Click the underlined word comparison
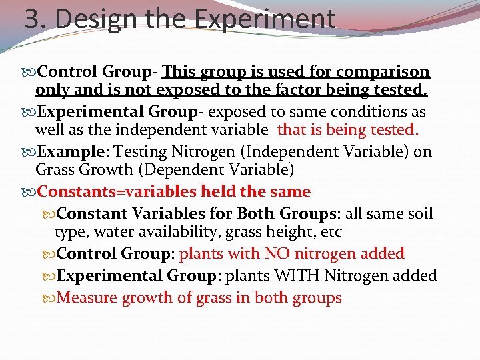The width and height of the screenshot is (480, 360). pyautogui.click(x=383, y=71)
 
